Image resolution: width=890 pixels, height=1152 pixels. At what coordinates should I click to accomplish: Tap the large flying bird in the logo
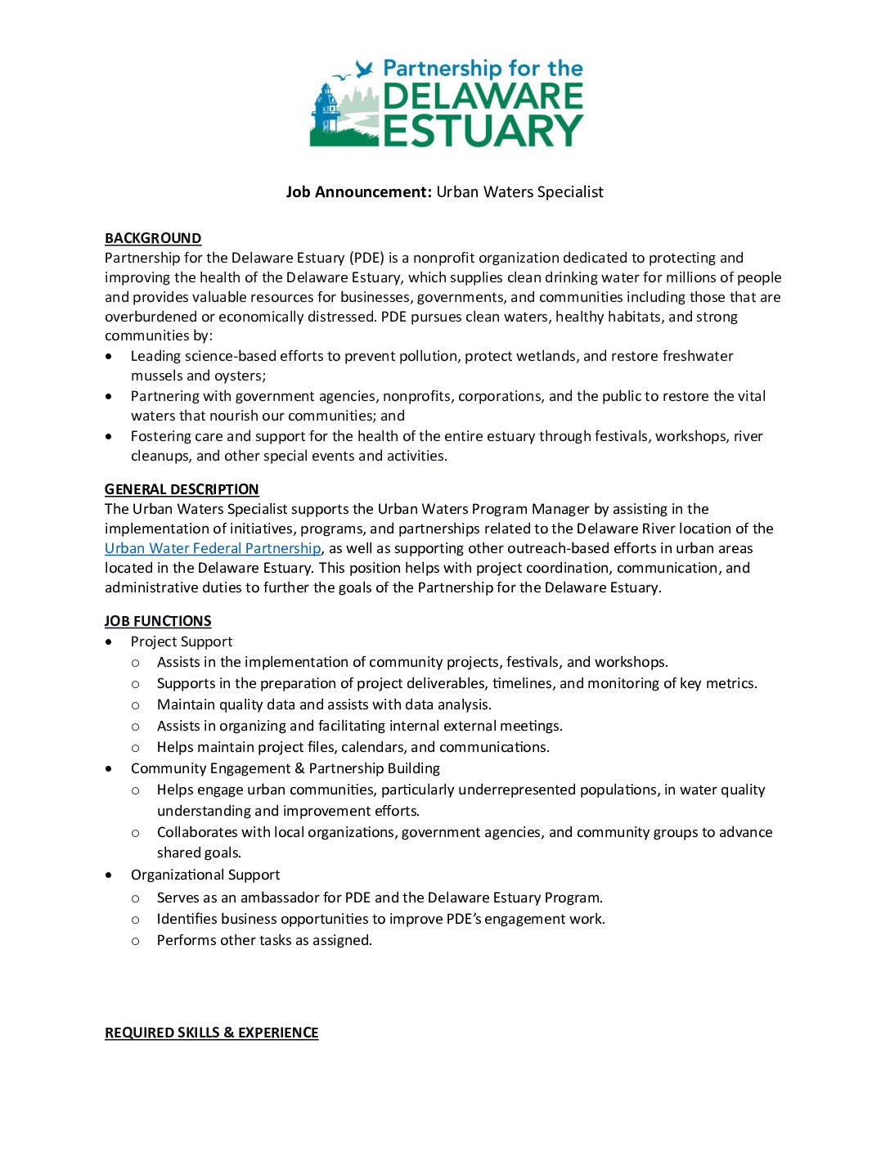[365, 70]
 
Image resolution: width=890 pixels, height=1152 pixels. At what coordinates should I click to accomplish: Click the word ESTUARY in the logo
[483, 131]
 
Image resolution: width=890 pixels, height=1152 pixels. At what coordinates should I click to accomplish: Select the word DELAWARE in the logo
[483, 97]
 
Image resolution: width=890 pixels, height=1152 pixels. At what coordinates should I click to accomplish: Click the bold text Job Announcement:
[358, 192]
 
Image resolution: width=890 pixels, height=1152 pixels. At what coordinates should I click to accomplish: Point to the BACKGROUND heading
[153, 238]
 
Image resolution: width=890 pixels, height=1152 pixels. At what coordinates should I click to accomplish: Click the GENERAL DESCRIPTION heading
[182, 489]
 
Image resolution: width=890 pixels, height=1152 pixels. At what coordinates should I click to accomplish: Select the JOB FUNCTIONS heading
[158, 621]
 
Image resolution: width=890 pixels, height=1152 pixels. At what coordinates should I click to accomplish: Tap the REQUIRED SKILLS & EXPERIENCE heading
[211, 1033]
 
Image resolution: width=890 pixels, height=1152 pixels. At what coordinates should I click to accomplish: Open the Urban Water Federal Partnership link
[213, 548]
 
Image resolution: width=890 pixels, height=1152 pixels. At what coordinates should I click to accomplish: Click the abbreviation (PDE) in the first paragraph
[366, 258]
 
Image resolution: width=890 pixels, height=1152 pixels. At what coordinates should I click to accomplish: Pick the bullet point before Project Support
[110, 642]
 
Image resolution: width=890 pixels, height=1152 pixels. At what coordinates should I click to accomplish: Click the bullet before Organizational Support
[110, 875]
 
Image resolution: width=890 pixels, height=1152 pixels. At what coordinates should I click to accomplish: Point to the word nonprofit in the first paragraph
[444, 258]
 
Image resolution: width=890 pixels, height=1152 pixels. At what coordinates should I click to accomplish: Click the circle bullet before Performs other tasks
[136, 941]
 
